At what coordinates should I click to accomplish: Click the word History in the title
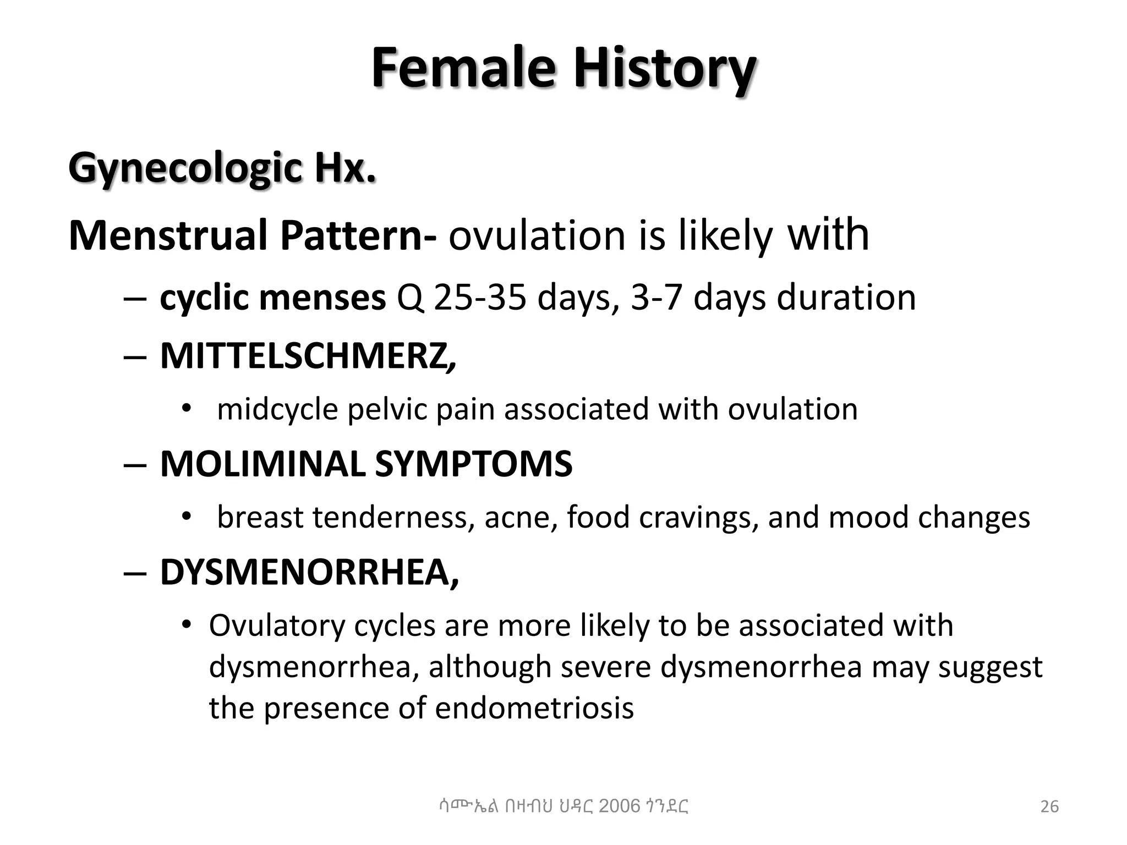664,68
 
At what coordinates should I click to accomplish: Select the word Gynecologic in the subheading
185,168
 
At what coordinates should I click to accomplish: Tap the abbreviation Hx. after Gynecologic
345,168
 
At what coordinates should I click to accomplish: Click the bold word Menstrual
168,235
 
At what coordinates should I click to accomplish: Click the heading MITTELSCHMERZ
307,356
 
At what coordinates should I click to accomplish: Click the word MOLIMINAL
262,464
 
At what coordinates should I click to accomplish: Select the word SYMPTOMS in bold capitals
473,464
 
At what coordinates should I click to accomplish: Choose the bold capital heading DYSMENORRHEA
308,572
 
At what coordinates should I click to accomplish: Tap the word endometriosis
534,708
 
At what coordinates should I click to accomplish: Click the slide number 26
1049,806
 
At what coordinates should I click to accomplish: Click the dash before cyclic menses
135,299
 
